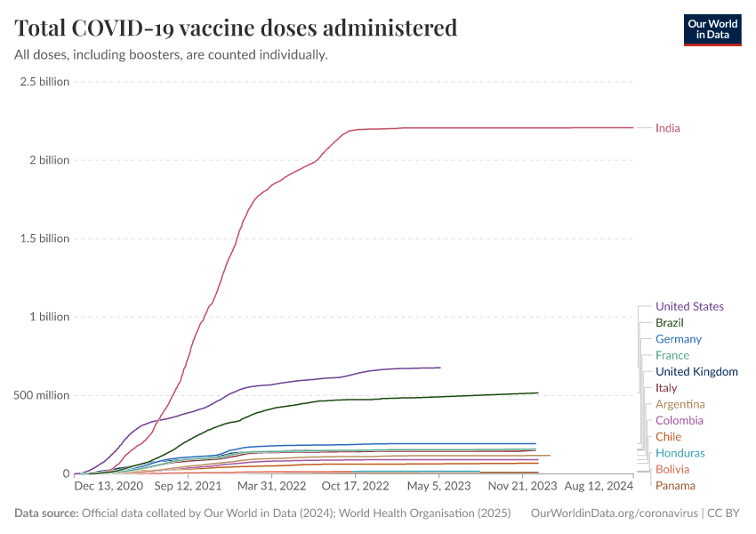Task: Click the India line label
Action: [x=667, y=128]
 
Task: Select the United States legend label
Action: [x=689, y=307]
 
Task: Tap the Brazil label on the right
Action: [x=669, y=323]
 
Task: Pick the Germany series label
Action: [x=678, y=339]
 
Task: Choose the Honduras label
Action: [x=680, y=453]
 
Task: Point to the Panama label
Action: [x=675, y=486]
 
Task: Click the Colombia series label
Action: [x=680, y=421]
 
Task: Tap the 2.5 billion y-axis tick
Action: [x=44, y=82]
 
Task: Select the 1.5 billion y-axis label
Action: [x=44, y=239]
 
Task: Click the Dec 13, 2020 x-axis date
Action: [x=108, y=487]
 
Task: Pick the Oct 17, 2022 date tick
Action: [x=356, y=487]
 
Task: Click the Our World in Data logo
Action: [x=712, y=29]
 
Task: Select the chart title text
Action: [x=236, y=28]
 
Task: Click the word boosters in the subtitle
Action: [x=180, y=55]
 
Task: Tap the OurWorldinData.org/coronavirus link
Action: [x=613, y=514]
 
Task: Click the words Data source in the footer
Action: [x=45, y=514]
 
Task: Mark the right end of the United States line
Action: [x=440, y=368]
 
